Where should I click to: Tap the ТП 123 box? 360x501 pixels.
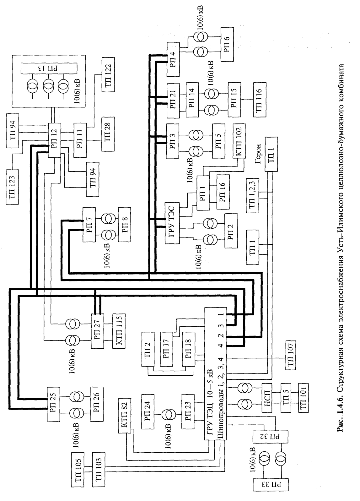[x=12, y=187]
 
